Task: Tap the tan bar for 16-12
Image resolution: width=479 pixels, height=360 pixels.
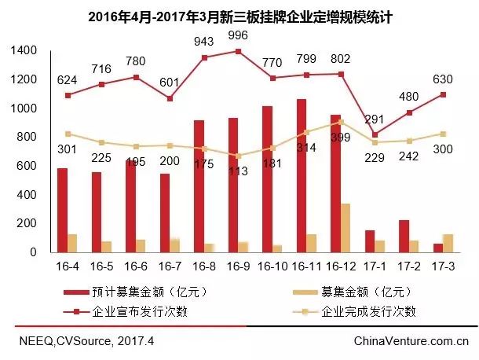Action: click(x=346, y=228)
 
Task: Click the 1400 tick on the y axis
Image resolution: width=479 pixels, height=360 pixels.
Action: click(x=24, y=50)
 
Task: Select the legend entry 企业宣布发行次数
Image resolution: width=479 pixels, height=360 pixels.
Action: click(x=141, y=311)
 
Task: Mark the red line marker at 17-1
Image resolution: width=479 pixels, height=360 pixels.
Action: click(x=374, y=134)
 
